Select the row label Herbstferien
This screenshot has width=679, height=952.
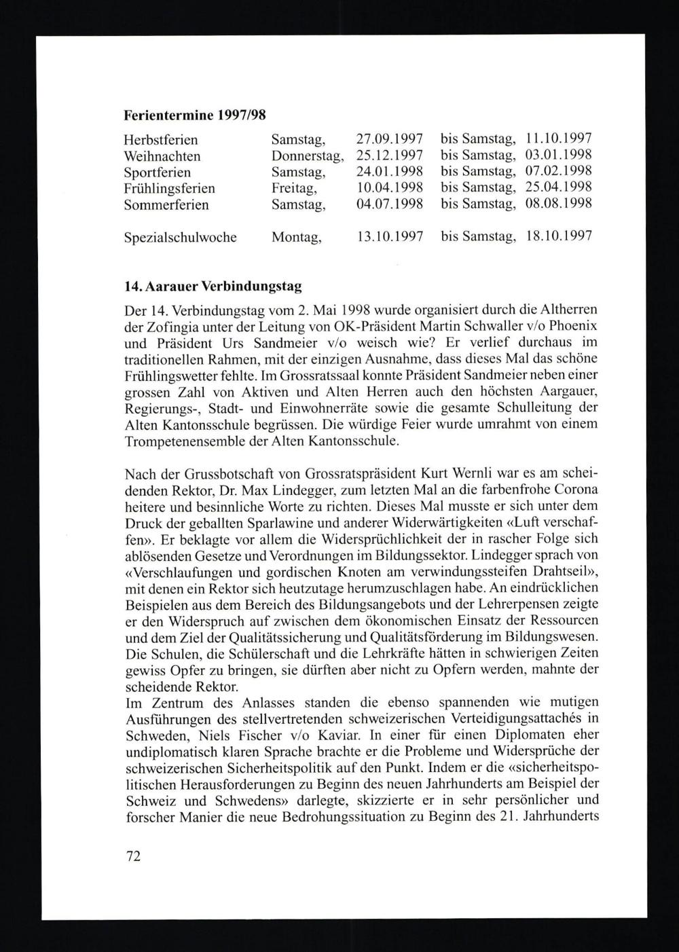161,141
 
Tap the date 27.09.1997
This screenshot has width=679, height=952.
390,140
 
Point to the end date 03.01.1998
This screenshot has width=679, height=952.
559,155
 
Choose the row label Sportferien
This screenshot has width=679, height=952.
158,172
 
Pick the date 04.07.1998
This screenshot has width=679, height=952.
390,204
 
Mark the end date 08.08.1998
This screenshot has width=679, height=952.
559,204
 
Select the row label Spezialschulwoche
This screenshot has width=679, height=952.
181,238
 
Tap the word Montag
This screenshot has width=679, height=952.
296,238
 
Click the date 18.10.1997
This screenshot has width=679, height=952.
559,237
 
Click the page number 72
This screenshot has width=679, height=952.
133,856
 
